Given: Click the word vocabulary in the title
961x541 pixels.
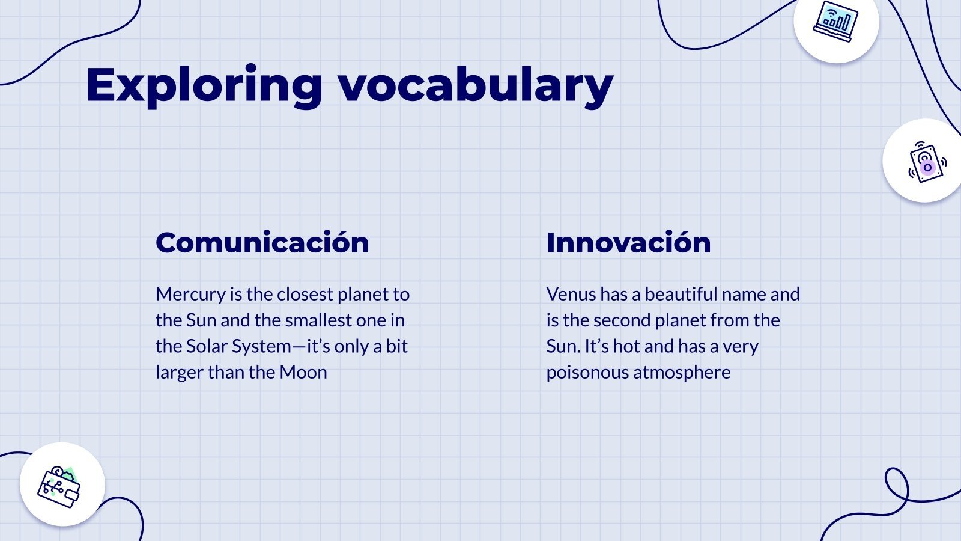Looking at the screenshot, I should tap(476, 85).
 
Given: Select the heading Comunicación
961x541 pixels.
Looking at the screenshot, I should tap(262, 243).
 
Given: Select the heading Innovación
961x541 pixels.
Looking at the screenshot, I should tap(628, 243).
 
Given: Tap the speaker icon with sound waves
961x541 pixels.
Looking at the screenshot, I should tap(926, 161).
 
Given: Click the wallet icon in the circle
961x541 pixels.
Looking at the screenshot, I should tap(60, 486).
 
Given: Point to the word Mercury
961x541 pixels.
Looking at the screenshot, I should tap(190, 294).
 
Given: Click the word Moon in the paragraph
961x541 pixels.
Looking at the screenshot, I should tap(303, 372).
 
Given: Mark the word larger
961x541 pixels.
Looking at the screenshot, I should tap(179, 372).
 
